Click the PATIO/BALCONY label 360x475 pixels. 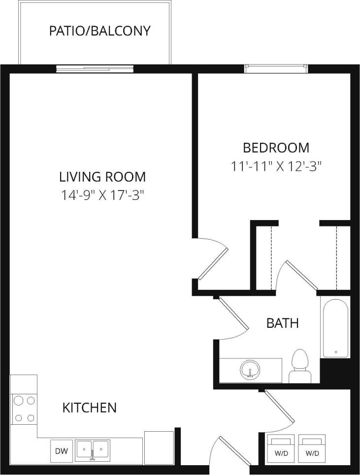pyautogui.click(x=99, y=31)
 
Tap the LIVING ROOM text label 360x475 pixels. pyautogui.click(x=102, y=176)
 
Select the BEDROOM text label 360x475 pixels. pyautogui.click(x=276, y=147)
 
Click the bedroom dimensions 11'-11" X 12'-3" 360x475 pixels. pyautogui.click(x=276, y=166)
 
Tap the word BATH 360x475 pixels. pyautogui.click(x=282, y=323)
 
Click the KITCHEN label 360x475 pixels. pyautogui.click(x=89, y=408)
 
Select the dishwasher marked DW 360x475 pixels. pyautogui.click(x=61, y=451)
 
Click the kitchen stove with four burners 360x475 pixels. pyautogui.click(x=24, y=409)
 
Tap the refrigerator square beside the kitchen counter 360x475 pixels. pyautogui.click(x=159, y=446)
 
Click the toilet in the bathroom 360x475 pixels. pyautogui.click(x=299, y=367)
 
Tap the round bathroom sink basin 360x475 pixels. pyautogui.click(x=250, y=369)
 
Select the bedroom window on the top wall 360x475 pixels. pyautogui.click(x=276, y=68)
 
